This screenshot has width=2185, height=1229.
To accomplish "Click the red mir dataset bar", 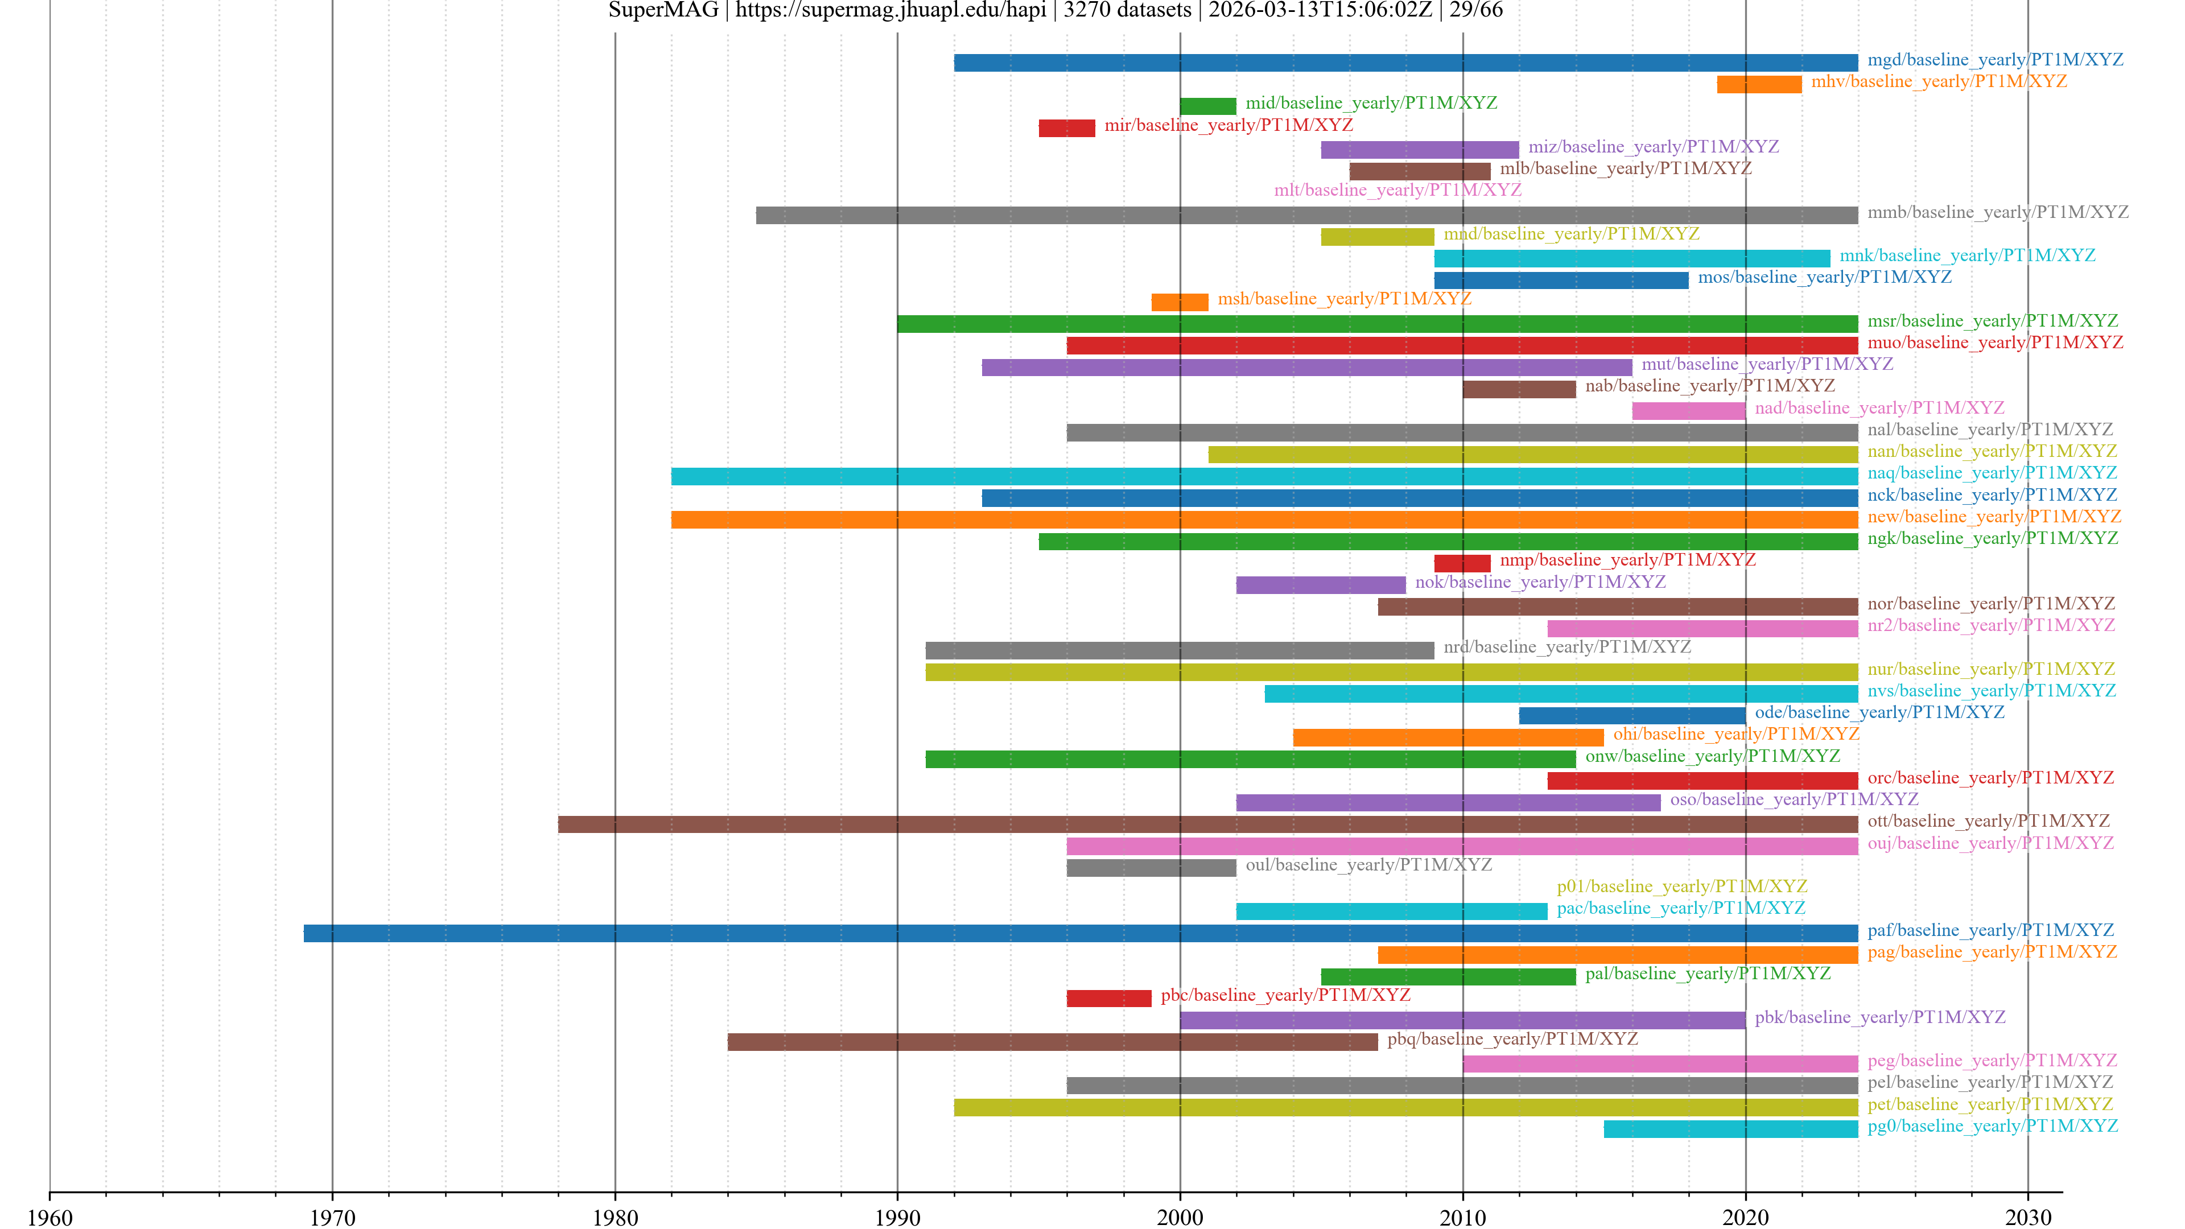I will pos(1066,128).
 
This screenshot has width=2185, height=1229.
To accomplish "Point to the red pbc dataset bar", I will pos(1108,999).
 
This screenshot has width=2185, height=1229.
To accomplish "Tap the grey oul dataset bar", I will pos(1151,868).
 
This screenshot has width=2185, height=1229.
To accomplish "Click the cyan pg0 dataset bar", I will pos(1730,1129).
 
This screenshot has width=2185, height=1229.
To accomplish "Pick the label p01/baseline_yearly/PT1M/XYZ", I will pos(1681,886).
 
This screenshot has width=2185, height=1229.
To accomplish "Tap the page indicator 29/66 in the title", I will pos(1476,10).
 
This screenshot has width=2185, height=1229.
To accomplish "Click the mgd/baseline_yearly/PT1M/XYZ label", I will pos(1995,59).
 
